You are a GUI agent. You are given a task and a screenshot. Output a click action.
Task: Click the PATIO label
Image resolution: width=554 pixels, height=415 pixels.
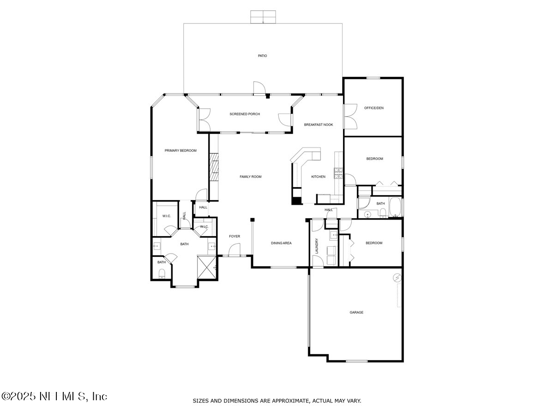pos(262,56)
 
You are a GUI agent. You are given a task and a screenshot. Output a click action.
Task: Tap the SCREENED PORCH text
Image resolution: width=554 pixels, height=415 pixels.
pos(245,114)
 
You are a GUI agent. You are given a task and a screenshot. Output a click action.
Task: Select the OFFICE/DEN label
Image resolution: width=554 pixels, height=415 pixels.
pos(373,108)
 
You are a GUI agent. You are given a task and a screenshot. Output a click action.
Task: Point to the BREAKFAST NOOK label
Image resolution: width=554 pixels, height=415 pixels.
pos(318,125)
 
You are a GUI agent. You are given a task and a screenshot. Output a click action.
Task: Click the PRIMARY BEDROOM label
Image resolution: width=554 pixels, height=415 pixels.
pos(181,150)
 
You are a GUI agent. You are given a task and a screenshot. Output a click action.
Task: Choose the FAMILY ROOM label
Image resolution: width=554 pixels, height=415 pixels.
pos(250,177)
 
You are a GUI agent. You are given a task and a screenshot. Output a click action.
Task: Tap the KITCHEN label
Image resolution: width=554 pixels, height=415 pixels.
pos(318,177)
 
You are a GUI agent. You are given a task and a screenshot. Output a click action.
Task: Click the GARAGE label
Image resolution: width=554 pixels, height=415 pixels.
pos(356,312)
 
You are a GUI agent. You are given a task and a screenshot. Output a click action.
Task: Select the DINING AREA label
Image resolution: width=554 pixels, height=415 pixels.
pos(281,243)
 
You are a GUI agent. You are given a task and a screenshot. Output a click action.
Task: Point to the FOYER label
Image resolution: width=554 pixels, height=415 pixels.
pos(235,237)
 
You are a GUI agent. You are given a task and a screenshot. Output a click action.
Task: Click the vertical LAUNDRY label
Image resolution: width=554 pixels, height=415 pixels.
pos(317,246)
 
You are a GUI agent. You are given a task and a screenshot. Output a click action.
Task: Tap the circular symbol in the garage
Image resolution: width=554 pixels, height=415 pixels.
pos(397,278)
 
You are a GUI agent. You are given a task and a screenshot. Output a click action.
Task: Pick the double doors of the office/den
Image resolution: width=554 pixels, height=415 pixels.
pos(350,116)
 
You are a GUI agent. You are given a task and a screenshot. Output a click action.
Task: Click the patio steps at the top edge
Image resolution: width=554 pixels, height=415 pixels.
pos(263,17)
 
